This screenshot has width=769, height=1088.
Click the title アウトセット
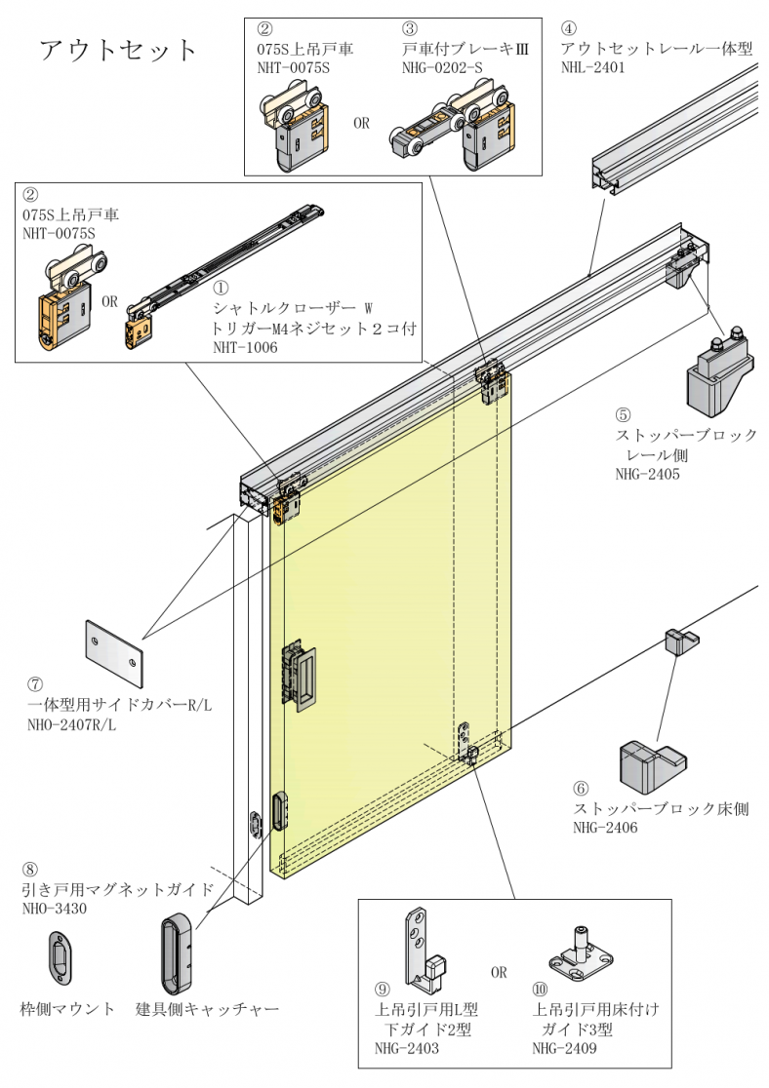coord(118,50)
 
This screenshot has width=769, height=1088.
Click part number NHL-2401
coord(592,68)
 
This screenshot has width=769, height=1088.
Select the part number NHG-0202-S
coord(441,68)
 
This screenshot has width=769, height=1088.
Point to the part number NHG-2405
coord(647,475)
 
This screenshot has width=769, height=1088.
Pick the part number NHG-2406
coord(606,828)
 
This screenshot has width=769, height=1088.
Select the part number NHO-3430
coord(55,908)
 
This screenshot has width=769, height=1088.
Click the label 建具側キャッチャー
coord(207,1009)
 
